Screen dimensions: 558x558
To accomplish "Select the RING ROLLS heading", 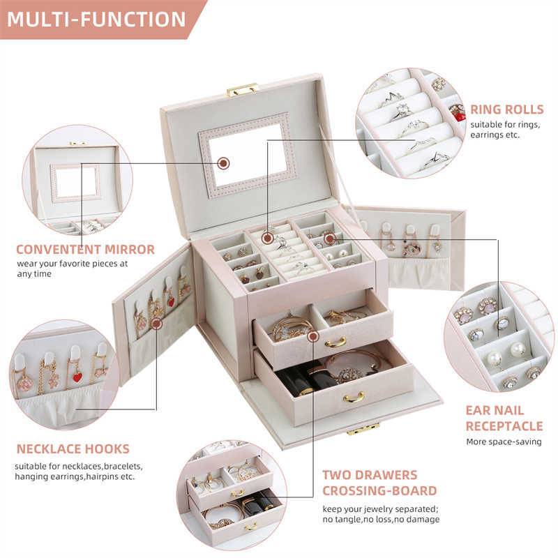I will tap(506, 109).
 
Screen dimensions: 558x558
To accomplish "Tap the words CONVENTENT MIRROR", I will tap(85, 249).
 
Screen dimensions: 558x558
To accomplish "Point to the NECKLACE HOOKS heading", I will tap(73, 448).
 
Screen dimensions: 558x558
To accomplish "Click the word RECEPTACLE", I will tap(504, 425).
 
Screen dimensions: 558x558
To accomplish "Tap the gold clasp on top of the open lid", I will tap(242, 89).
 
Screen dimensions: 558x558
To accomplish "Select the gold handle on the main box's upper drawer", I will tap(335, 342).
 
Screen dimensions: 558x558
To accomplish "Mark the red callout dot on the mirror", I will tap(223, 163).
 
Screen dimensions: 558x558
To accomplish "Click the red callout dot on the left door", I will tap(156, 324).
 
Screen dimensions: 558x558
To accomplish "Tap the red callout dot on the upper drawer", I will tap(313, 337).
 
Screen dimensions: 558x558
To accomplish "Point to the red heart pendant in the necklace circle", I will tap(77, 377).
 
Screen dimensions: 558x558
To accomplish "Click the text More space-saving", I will tap(504, 442).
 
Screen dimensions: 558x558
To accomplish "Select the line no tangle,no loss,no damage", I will tap(380, 520).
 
